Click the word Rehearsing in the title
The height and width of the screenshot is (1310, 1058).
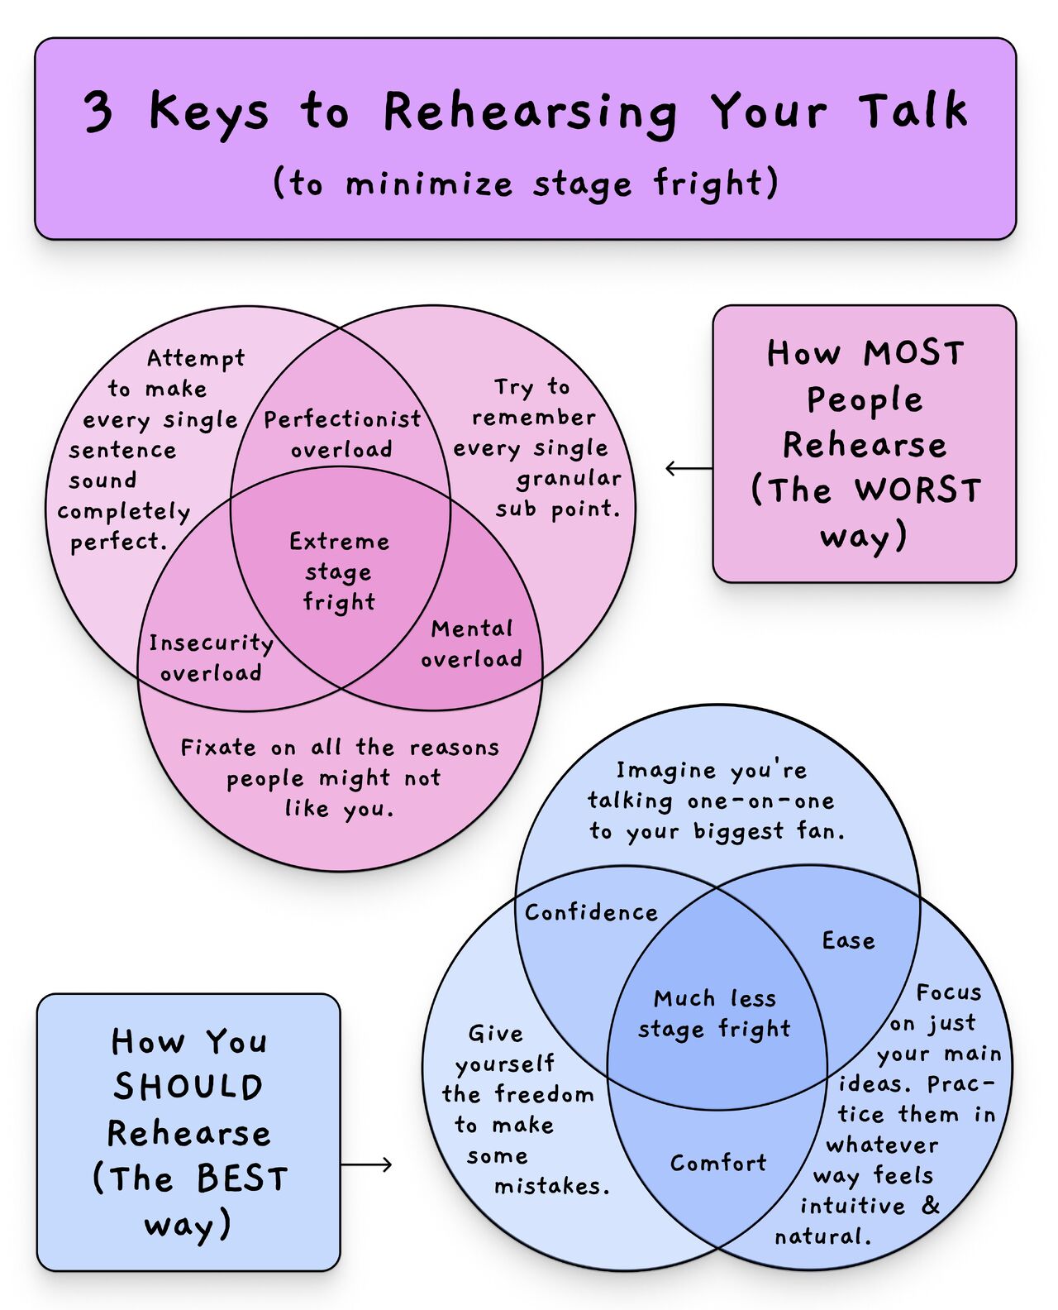click(530, 113)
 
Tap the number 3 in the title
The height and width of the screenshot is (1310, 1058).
click(98, 112)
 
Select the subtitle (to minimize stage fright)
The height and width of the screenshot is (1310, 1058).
click(526, 183)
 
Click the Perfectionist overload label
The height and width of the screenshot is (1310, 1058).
click(341, 434)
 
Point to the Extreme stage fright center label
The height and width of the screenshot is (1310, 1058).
click(339, 571)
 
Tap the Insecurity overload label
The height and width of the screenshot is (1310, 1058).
click(211, 658)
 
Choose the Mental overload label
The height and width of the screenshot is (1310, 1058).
click(472, 644)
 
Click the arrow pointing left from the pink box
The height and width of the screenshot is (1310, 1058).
click(688, 469)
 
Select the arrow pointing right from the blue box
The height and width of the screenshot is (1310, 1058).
click(367, 1165)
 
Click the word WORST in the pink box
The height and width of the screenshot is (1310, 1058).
click(918, 491)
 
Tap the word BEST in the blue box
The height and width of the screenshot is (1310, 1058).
click(242, 1179)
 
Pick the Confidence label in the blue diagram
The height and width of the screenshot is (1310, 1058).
click(591, 912)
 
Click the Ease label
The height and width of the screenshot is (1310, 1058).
click(848, 941)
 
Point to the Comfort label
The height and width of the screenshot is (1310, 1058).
click(717, 1164)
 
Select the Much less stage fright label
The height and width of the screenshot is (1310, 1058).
click(714, 1014)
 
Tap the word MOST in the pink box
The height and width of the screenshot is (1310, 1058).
click(913, 354)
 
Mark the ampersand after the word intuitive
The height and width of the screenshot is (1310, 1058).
click(931, 1205)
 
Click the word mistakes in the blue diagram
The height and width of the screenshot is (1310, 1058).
click(550, 1187)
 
